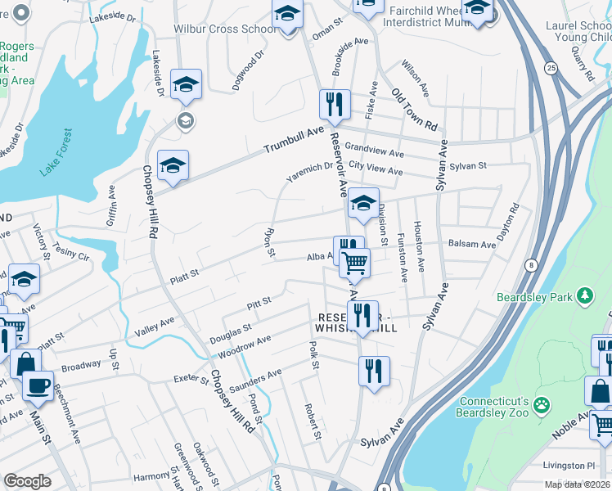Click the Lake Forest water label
click(x=56, y=152)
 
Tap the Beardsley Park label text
click(x=535, y=297)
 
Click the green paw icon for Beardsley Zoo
click(x=540, y=404)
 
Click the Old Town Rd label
click(x=415, y=110)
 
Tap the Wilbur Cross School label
click(x=224, y=29)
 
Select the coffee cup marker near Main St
click(x=37, y=385)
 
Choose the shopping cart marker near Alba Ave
click(x=355, y=262)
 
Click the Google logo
click(x=27, y=481)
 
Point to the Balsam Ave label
click(x=472, y=244)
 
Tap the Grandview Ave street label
click(x=374, y=152)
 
